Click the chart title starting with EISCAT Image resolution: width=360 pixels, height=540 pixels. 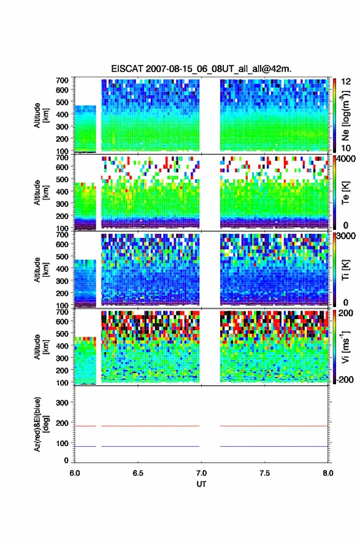coord(201,69)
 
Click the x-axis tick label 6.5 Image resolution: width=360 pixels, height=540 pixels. coord(137,473)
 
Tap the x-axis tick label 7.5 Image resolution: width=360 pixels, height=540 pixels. coord(264,473)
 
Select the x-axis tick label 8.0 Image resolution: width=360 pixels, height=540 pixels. coord(328,473)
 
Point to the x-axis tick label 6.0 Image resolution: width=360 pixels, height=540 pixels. coord(75,473)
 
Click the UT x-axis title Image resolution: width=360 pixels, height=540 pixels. coord(201,484)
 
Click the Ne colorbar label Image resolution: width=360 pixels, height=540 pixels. coord(345,115)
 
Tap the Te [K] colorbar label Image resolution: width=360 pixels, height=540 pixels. coord(345,193)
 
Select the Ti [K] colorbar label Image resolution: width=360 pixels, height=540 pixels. coord(345,270)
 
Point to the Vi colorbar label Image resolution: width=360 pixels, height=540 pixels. coord(345,347)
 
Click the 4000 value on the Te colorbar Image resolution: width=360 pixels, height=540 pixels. coord(346,160)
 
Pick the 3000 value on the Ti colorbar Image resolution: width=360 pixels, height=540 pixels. coord(346,236)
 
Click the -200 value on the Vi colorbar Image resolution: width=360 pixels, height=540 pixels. coord(345,379)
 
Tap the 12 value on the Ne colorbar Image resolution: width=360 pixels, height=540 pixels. coord(346,82)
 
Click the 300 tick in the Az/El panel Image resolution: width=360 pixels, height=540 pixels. coord(62,403)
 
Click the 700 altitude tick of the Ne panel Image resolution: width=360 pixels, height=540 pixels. coord(62,80)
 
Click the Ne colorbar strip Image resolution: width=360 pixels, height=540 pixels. coord(334,115)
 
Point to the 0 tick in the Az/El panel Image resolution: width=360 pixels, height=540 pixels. coord(66,460)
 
